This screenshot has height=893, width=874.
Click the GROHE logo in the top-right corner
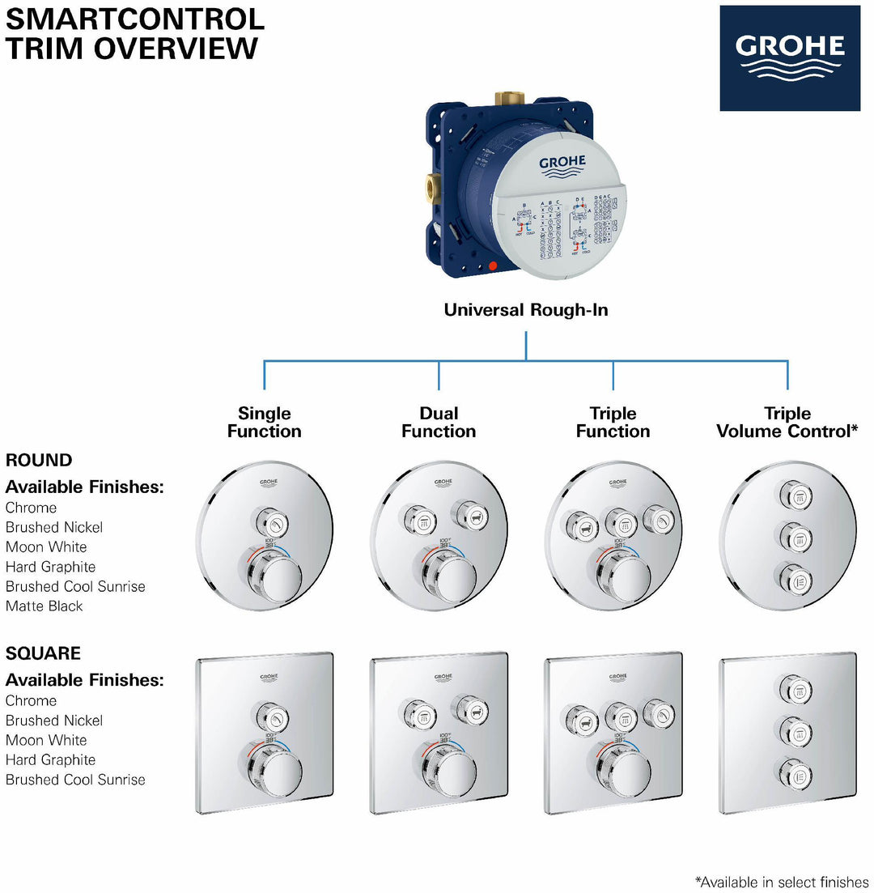(x=790, y=57)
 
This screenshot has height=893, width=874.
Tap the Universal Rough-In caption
(x=526, y=310)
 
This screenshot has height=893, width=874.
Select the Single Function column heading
(x=264, y=423)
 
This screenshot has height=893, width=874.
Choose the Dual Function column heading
(x=439, y=423)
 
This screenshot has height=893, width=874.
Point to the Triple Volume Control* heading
(x=787, y=423)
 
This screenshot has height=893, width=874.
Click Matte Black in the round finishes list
(x=45, y=606)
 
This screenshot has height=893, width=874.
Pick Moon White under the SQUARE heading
(x=46, y=740)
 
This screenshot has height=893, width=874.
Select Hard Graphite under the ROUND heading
(x=50, y=567)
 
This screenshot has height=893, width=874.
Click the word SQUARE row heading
(x=43, y=653)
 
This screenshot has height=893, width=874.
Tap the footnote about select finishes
(x=783, y=881)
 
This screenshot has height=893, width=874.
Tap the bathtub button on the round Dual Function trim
(x=469, y=512)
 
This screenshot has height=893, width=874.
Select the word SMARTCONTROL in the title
(x=135, y=18)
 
